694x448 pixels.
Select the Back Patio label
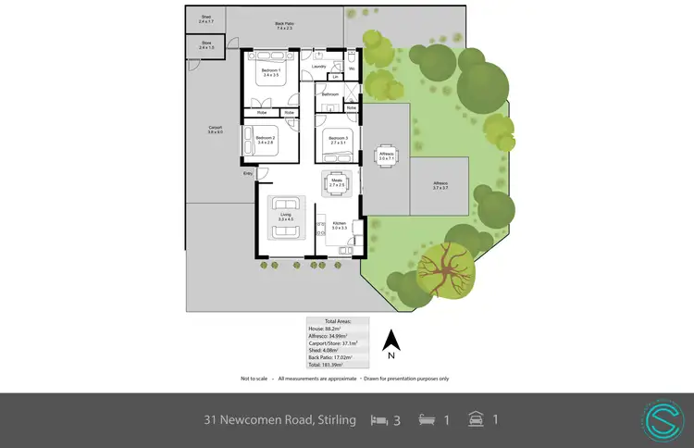point(284,26)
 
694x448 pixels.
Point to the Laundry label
point(319,67)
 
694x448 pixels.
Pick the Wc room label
point(352,68)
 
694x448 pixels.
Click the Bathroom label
point(328,95)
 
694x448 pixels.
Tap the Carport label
point(215,130)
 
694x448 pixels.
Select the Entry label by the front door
point(247,173)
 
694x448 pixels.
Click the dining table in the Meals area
point(336,183)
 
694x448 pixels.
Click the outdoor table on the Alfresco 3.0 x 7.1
point(386,158)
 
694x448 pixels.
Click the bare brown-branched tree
point(445,268)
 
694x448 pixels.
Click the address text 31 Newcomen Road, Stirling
point(279,420)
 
